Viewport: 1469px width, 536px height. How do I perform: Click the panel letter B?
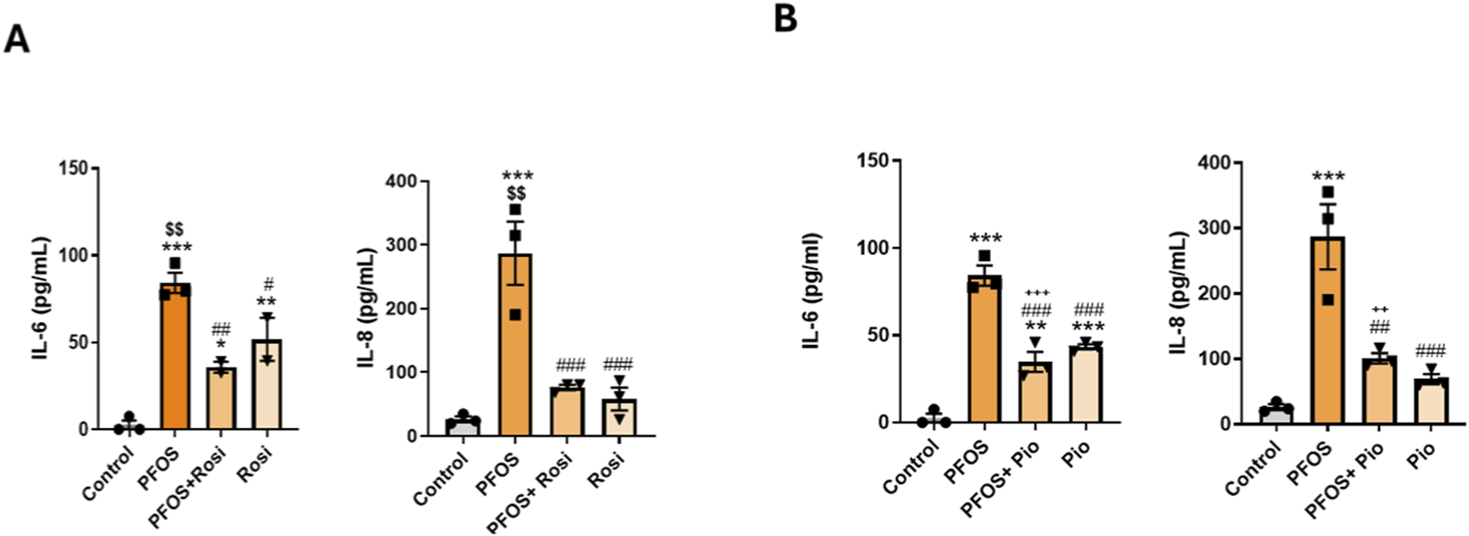785,18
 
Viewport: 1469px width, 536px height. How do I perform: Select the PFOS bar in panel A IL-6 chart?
175,357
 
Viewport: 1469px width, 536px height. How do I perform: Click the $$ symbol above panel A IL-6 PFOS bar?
174,230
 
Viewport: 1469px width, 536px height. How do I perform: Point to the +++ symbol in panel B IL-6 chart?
1037,293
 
